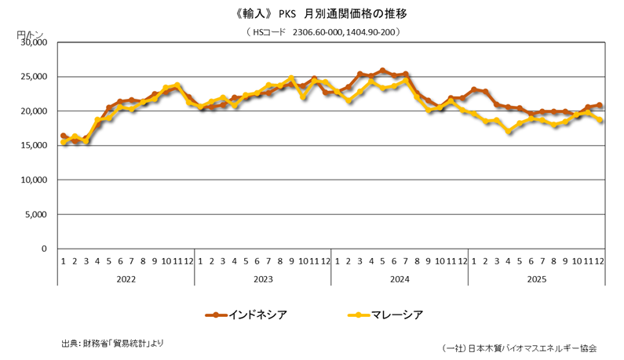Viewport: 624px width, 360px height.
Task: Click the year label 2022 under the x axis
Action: pos(126,278)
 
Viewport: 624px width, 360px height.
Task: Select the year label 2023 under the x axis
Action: pos(262,278)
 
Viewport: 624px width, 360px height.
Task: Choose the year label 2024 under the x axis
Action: pos(399,278)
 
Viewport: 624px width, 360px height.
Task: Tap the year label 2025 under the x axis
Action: pos(536,278)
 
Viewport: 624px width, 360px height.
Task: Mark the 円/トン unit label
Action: pos(31,35)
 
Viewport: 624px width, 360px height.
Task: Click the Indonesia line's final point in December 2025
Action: pos(600,105)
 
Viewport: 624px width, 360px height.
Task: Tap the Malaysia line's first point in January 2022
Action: pos(64,143)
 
